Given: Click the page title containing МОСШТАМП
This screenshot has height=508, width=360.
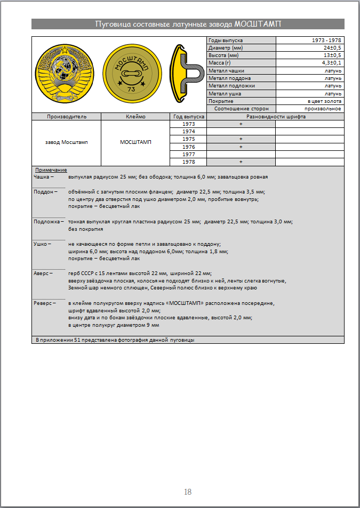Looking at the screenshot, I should (188, 24).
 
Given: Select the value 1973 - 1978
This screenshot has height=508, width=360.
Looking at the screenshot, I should (327, 41).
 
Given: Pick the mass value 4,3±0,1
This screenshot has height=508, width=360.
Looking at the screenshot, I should (331, 63).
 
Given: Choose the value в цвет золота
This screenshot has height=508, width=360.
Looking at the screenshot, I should (325, 101).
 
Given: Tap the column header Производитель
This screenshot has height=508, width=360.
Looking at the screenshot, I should (66, 116).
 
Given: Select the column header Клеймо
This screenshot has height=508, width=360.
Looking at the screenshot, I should (135, 116).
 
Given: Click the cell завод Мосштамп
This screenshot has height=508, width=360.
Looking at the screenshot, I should (66, 142).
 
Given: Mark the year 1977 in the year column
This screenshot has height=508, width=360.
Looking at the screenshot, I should (188, 154).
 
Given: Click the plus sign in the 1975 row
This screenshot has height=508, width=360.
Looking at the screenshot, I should (241, 139).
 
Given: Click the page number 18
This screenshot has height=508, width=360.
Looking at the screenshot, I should (188, 492).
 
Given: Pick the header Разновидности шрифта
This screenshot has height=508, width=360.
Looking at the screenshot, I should (275, 116).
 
